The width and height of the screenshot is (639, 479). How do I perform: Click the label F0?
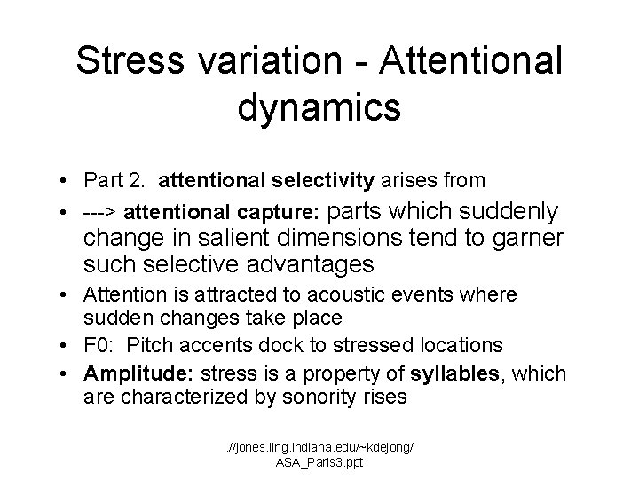click(99, 343)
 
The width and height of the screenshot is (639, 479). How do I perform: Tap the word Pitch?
click(146, 343)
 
